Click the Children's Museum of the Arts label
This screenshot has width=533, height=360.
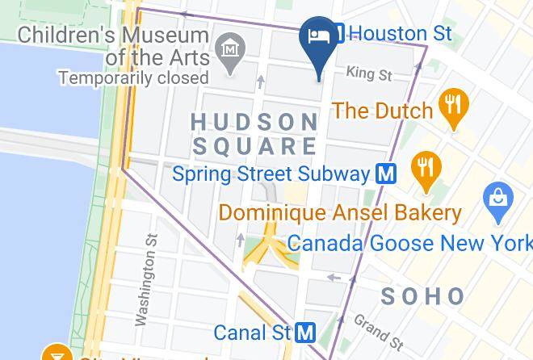pyautogui.click(x=113, y=47)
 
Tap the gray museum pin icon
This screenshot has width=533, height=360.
pyautogui.click(x=233, y=51)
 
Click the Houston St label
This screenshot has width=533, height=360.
pyautogui.click(x=402, y=33)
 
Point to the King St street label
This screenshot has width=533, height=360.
pyautogui.click(x=368, y=74)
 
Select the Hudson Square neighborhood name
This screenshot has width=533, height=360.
pyautogui.click(x=255, y=134)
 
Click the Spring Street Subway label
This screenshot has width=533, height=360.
pyautogui.click(x=271, y=174)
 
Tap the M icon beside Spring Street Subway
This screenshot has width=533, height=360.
pyautogui.click(x=387, y=174)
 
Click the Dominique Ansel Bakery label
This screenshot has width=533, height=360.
pyautogui.click(x=340, y=213)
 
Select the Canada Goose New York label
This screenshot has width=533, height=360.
pyautogui.click(x=409, y=243)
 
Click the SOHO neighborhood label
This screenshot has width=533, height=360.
pyautogui.click(x=422, y=296)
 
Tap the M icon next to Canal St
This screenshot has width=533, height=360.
pyautogui.click(x=305, y=332)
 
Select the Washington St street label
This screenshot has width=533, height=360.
pyautogui.click(x=147, y=279)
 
